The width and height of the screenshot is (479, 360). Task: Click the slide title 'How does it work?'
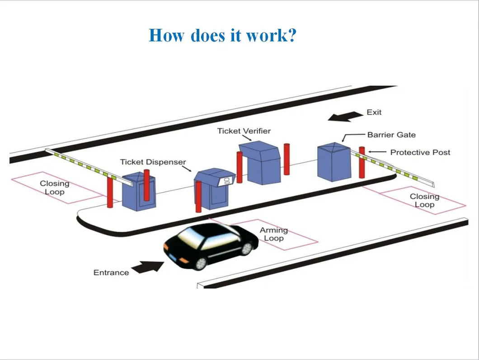pos(222,35)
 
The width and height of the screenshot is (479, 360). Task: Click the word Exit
pos(374,112)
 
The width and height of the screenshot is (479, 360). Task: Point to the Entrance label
pos(111,272)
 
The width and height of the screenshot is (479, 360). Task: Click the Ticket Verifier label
pos(244,131)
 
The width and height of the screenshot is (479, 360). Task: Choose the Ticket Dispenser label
pos(153,162)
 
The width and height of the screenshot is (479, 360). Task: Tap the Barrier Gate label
pos(391,135)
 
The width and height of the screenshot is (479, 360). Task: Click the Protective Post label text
pos(420,152)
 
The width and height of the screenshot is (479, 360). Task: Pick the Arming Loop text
pos(273,234)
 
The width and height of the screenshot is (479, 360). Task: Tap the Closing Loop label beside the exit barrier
pos(424,200)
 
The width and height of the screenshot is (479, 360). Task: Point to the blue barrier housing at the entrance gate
pos(139,192)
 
